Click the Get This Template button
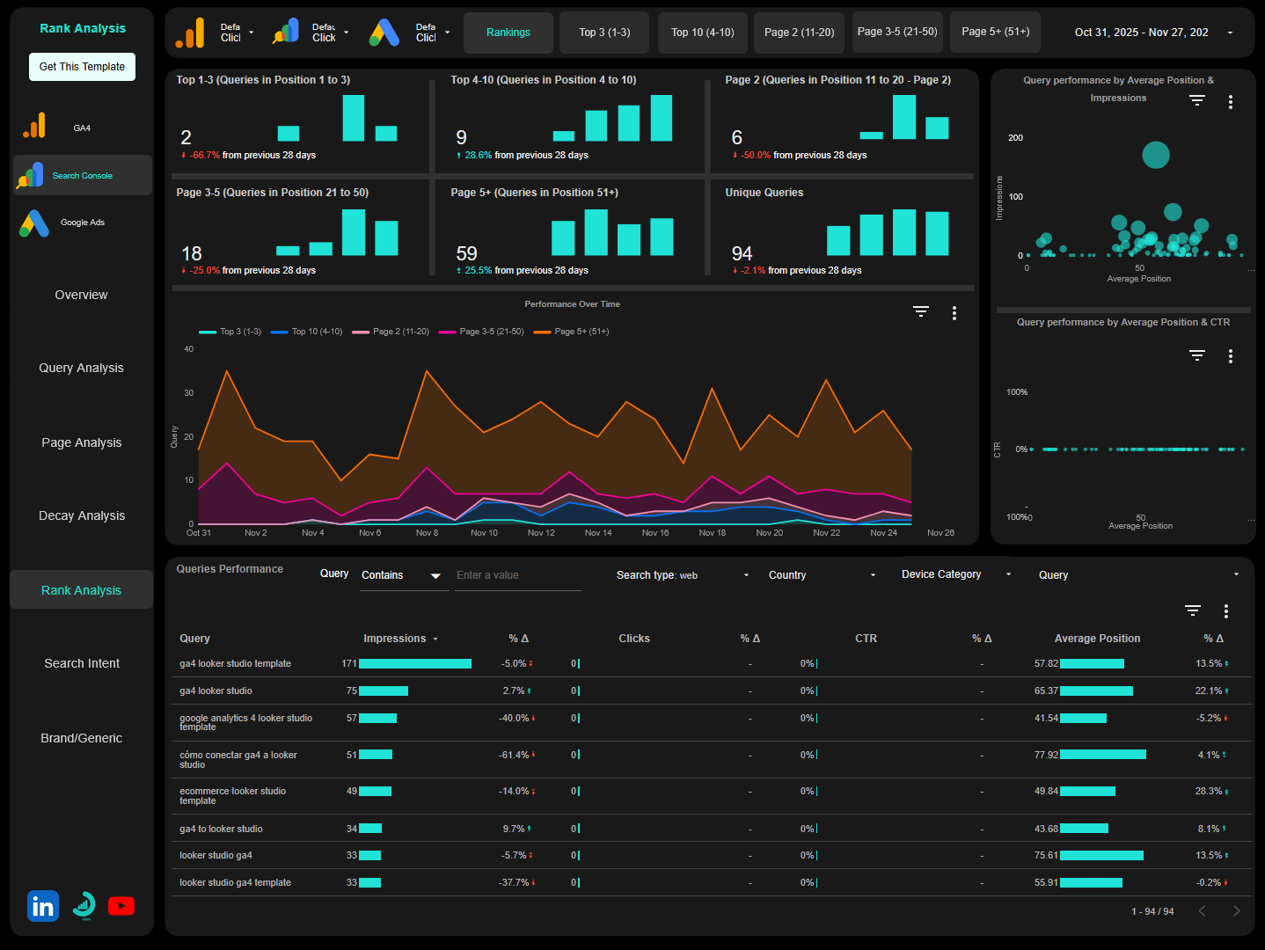tap(82, 67)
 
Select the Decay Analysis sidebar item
tap(82, 515)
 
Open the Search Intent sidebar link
tap(82, 663)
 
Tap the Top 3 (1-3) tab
tap(604, 33)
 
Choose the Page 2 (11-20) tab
tap(799, 33)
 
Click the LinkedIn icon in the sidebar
tap(43, 906)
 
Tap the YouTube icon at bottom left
tap(121, 906)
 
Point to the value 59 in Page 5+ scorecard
tap(466, 253)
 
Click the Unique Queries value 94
tap(742, 253)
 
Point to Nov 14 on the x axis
tap(598, 533)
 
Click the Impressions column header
tap(395, 639)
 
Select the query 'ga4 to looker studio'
tap(221, 829)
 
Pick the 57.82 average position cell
tap(1046, 664)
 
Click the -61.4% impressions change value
tap(514, 755)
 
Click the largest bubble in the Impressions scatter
tap(1155, 155)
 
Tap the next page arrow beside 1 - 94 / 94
tap(1236, 911)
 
